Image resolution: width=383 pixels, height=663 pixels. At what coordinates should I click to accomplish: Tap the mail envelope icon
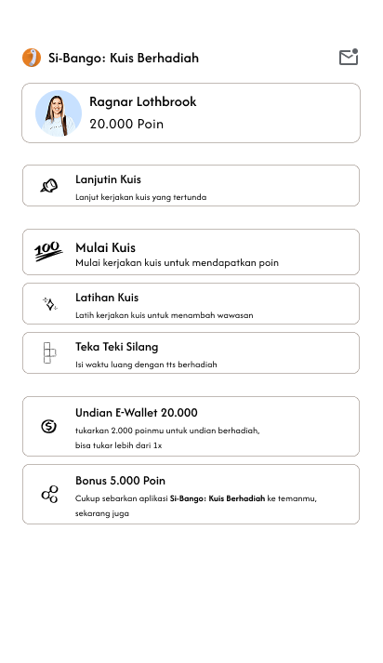(x=349, y=58)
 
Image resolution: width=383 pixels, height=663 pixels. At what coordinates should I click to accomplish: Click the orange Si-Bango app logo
(x=32, y=58)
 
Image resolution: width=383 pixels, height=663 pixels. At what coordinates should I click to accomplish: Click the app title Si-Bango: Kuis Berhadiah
(x=124, y=58)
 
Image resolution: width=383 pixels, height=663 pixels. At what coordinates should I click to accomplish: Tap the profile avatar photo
(x=59, y=113)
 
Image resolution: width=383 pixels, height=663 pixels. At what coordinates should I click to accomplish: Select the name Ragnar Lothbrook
(x=142, y=101)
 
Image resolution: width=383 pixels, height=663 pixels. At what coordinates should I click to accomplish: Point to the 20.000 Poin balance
(x=126, y=124)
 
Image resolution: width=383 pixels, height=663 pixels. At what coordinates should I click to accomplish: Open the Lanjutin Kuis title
(x=108, y=179)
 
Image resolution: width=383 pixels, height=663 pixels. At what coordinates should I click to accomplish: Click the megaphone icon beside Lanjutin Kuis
(x=49, y=186)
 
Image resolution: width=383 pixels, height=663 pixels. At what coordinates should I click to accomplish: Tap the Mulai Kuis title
(x=105, y=247)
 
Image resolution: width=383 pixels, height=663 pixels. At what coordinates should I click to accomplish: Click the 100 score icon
(x=48, y=251)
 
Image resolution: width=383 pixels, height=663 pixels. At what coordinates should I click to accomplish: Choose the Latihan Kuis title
(x=107, y=297)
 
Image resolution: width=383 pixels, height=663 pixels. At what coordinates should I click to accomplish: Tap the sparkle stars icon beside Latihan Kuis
(x=49, y=303)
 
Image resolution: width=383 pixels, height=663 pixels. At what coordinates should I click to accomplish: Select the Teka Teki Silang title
(x=116, y=346)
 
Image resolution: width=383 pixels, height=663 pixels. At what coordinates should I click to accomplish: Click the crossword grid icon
(x=49, y=352)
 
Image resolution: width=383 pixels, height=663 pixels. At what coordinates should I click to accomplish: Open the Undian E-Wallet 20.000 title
(x=136, y=412)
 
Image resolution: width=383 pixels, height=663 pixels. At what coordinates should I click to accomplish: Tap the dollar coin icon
(x=49, y=426)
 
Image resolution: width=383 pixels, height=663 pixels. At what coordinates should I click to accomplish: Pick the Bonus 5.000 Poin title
(x=120, y=480)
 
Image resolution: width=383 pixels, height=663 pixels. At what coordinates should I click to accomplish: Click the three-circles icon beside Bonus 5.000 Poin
(x=49, y=494)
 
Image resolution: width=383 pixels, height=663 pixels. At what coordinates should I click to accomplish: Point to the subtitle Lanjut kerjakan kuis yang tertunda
(x=140, y=197)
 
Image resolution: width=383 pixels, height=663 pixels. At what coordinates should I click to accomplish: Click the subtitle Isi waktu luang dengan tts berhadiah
(x=146, y=365)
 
